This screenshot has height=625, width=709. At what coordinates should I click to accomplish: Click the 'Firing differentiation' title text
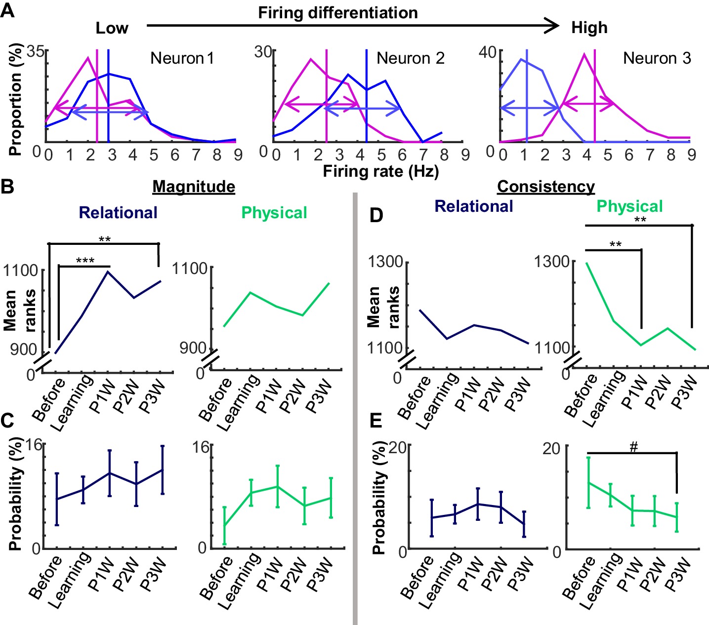[x=338, y=12]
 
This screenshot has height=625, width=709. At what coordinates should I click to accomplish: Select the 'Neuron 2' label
[x=410, y=58]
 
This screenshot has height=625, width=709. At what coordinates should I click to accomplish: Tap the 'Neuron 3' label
[x=657, y=58]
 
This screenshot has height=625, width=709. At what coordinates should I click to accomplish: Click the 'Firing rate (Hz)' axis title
[x=381, y=171]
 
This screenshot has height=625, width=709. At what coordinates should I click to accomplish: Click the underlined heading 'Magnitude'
[x=194, y=187]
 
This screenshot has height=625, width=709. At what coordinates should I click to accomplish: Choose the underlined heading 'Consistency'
[x=546, y=187]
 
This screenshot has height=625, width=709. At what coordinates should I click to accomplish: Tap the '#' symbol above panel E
[x=634, y=447]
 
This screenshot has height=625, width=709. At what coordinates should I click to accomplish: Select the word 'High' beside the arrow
[x=589, y=28]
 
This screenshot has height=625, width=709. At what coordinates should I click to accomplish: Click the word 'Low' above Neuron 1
[x=112, y=28]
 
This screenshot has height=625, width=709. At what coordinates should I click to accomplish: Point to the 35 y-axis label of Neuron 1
[x=36, y=51]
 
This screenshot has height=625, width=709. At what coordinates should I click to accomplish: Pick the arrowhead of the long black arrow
[x=553, y=25]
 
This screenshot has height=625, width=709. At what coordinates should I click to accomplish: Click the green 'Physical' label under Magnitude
[x=274, y=213]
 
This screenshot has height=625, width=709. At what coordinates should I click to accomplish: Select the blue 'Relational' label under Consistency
[x=474, y=206]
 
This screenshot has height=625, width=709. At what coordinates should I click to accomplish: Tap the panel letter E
[x=376, y=420]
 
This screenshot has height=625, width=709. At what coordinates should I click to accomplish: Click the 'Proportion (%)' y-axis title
[x=15, y=99]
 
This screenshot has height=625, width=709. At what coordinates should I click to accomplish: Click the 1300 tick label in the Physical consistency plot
[x=552, y=261]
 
